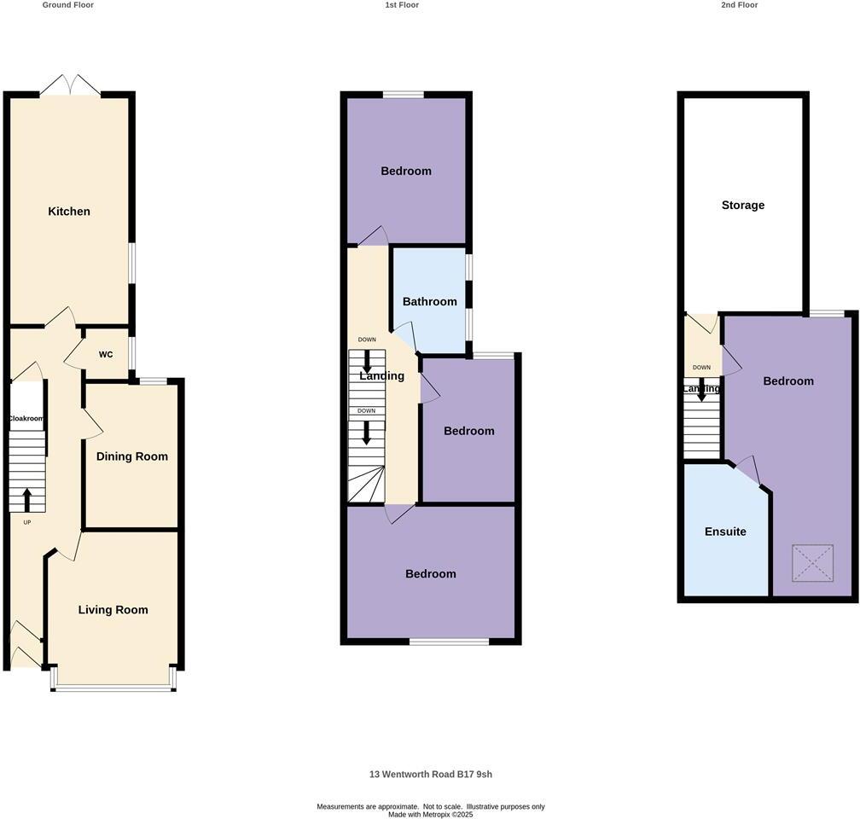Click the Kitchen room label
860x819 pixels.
69,212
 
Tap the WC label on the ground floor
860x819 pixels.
106,355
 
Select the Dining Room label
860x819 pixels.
131,456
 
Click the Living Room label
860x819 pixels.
113,610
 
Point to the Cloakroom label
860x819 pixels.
26,419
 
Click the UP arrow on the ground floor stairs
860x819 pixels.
26,498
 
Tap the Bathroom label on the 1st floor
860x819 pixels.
430,302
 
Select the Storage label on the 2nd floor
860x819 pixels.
743,206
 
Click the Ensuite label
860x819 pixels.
725,531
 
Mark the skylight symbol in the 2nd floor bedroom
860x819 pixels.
812,564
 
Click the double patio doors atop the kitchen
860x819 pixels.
71,85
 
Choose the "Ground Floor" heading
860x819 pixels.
67,5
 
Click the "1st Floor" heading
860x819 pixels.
402,5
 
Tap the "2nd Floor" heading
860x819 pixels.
739,5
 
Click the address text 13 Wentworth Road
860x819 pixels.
430,775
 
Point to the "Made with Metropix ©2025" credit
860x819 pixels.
430,814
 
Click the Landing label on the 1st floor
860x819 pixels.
382,376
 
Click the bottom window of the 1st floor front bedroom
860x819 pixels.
449,641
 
